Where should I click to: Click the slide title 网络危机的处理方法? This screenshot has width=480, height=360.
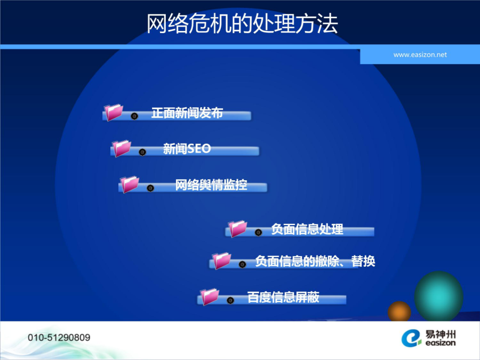[x=242, y=23]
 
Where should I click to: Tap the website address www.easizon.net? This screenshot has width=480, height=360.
[x=420, y=55]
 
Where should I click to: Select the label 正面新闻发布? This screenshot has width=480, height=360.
[x=187, y=113]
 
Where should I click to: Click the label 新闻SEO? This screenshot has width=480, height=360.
[x=187, y=149]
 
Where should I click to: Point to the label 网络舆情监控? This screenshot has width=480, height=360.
[x=211, y=185]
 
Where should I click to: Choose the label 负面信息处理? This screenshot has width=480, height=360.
[x=307, y=229]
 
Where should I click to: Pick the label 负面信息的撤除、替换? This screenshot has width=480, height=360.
[x=315, y=261]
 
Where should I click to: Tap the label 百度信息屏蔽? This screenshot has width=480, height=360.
[x=283, y=297]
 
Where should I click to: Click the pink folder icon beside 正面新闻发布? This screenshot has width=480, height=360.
[x=114, y=112]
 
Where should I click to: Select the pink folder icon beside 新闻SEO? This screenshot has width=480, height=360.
[x=122, y=148]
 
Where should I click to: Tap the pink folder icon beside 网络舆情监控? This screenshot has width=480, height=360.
[x=130, y=185]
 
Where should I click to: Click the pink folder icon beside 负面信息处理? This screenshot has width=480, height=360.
[x=237, y=229]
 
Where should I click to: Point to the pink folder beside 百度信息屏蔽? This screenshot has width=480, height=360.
[x=210, y=297]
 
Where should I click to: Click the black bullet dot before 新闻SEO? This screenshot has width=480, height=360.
[x=142, y=152]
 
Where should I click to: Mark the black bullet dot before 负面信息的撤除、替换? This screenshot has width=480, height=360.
[x=242, y=264]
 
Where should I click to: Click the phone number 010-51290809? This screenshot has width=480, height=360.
[x=59, y=338]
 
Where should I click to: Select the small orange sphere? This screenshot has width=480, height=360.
[x=399, y=311]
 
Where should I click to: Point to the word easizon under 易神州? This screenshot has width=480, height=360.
[x=440, y=343]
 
